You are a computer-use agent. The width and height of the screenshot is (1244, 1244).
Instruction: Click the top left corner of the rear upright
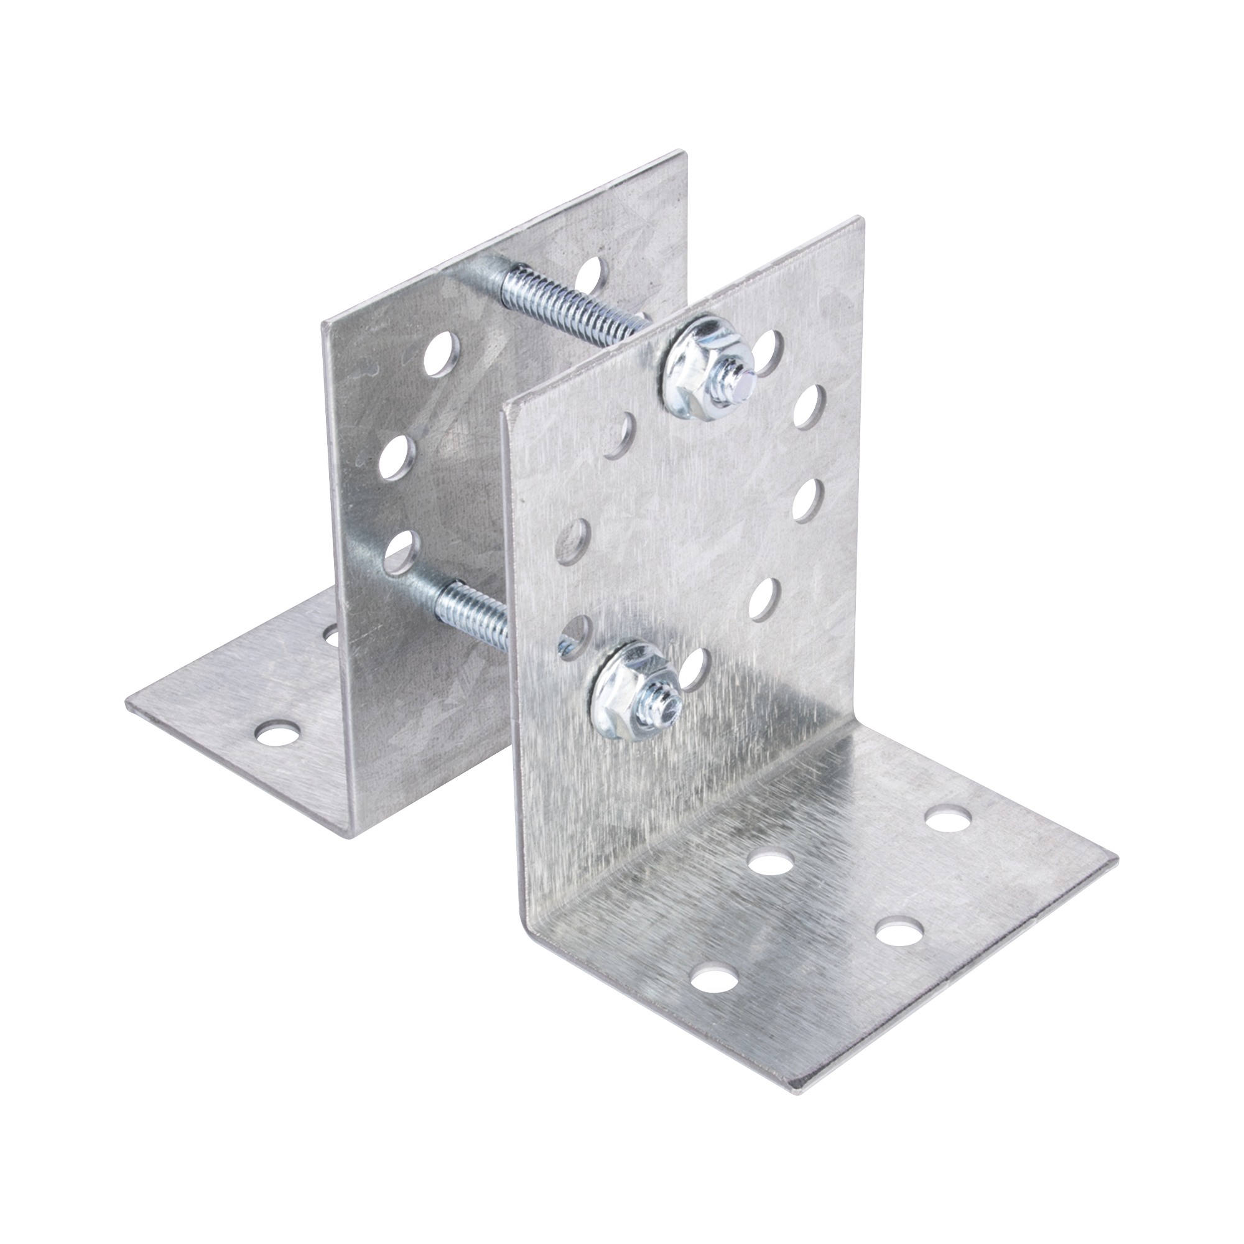click(323, 327)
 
